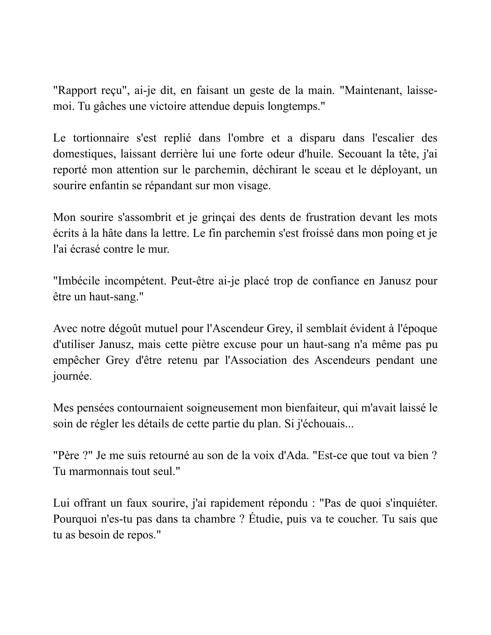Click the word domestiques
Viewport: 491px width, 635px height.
pos(83,154)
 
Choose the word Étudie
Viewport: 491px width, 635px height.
pos(265,519)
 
